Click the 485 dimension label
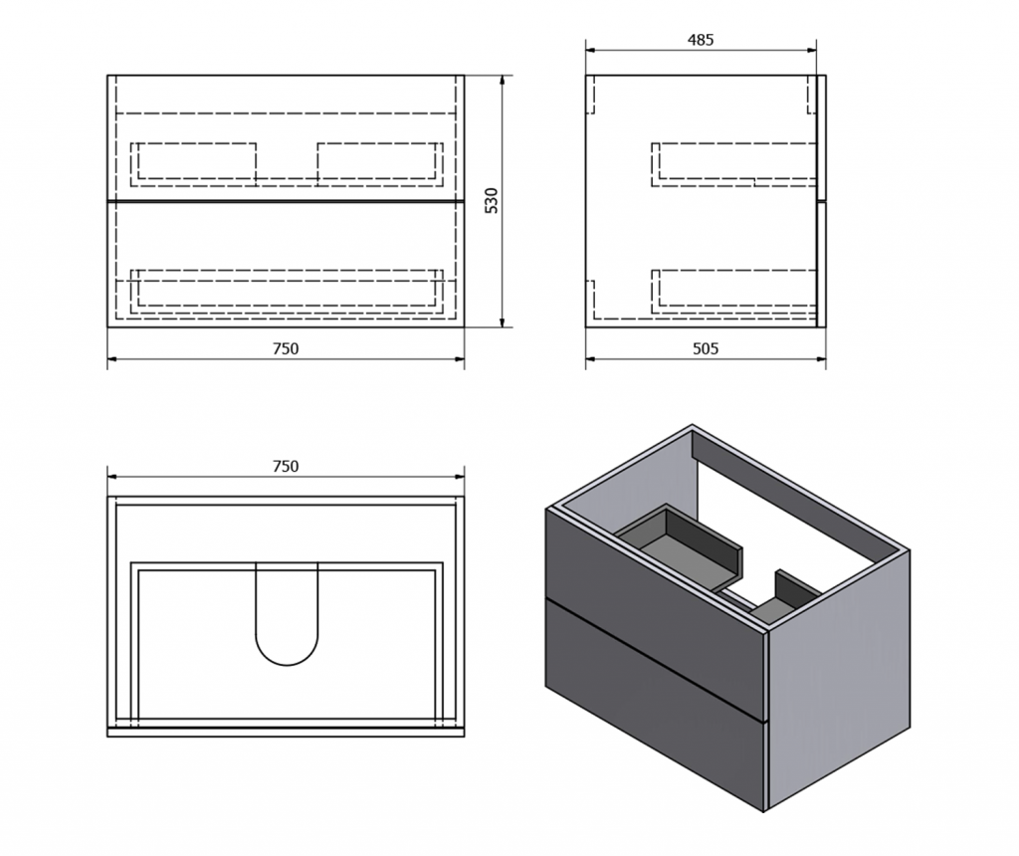701,40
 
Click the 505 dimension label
704,348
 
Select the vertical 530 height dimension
491,200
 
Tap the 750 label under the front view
286,348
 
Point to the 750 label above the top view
286,466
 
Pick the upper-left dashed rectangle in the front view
194,161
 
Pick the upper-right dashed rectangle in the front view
379,161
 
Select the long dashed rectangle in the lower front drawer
287,289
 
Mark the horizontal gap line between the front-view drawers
286,200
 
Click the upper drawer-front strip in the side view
821,137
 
